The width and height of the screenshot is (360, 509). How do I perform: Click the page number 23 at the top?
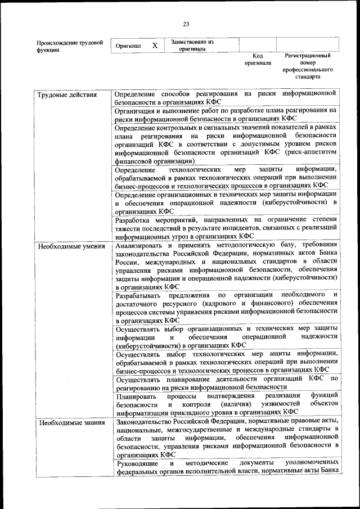tap(186, 23)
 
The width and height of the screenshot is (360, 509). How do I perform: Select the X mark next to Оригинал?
tap(154, 45)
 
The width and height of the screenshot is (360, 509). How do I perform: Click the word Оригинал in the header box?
tap(128, 46)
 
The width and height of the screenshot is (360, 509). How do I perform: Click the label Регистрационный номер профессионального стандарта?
tap(307, 66)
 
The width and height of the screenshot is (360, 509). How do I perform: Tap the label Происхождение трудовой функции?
tap(70, 46)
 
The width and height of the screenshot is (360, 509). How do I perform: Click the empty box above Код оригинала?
tap(257, 45)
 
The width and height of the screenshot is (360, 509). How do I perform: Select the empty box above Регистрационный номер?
tap(307, 45)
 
